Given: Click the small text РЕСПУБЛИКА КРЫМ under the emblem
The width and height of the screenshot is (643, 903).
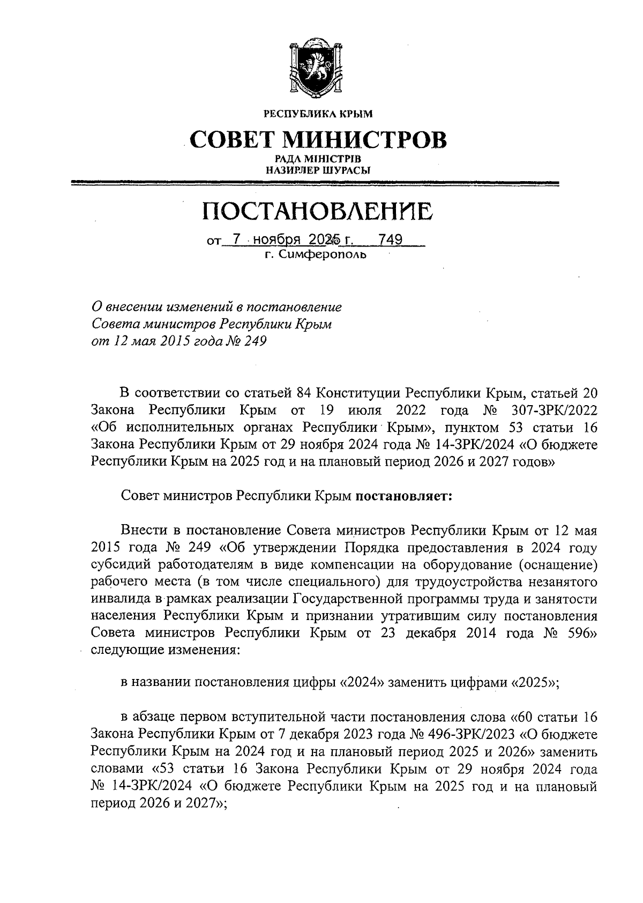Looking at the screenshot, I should tap(317, 114).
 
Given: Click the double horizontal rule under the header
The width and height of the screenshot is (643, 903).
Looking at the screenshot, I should tap(316, 184).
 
